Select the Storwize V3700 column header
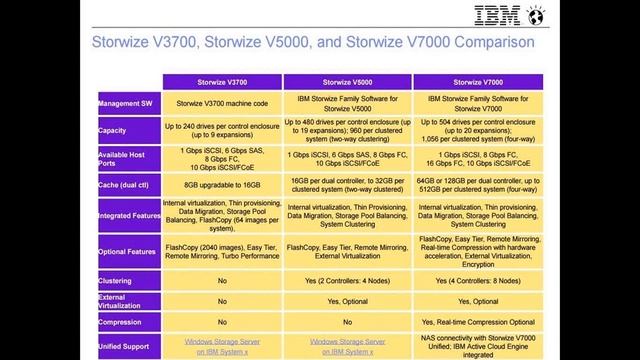[222, 81]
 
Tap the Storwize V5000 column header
[347, 81]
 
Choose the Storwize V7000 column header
[477, 81]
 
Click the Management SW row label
[127, 103]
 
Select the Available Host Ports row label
[123, 158]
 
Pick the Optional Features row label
[127, 251]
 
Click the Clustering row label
[115, 280]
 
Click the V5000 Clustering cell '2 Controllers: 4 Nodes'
[347, 280]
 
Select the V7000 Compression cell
[477, 322]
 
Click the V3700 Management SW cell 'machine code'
[222, 103]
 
